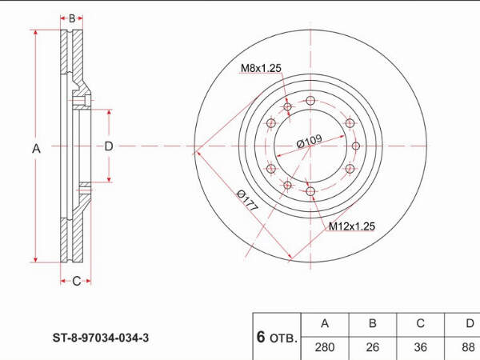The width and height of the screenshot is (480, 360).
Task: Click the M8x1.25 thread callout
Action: pos(261,68)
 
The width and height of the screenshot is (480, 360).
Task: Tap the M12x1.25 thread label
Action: pos(352,226)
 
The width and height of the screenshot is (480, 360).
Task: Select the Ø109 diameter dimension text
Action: pos(309,141)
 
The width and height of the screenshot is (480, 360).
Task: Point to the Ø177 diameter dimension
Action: pos(247,200)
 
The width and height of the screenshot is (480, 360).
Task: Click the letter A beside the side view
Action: pos(36,149)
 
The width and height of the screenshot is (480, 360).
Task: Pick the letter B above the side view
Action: pos(72,18)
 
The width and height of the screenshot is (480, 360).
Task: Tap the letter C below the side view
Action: pos(76,281)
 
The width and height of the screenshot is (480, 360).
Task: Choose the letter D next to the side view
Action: pos(109,146)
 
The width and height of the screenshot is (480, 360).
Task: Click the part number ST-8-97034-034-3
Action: pos(101,338)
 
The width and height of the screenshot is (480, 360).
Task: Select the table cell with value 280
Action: pos(325,347)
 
